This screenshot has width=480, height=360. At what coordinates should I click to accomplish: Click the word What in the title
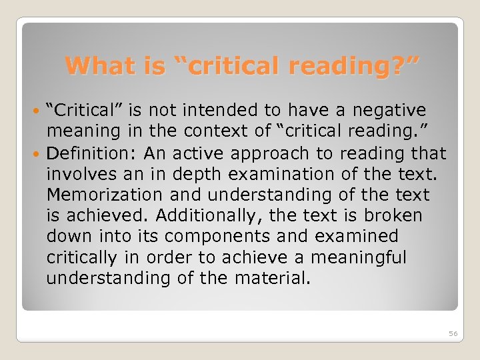coord(92,65)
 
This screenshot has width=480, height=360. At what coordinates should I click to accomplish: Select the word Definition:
coord(93,153)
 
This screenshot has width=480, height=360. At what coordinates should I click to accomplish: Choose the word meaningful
coord(367,258)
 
